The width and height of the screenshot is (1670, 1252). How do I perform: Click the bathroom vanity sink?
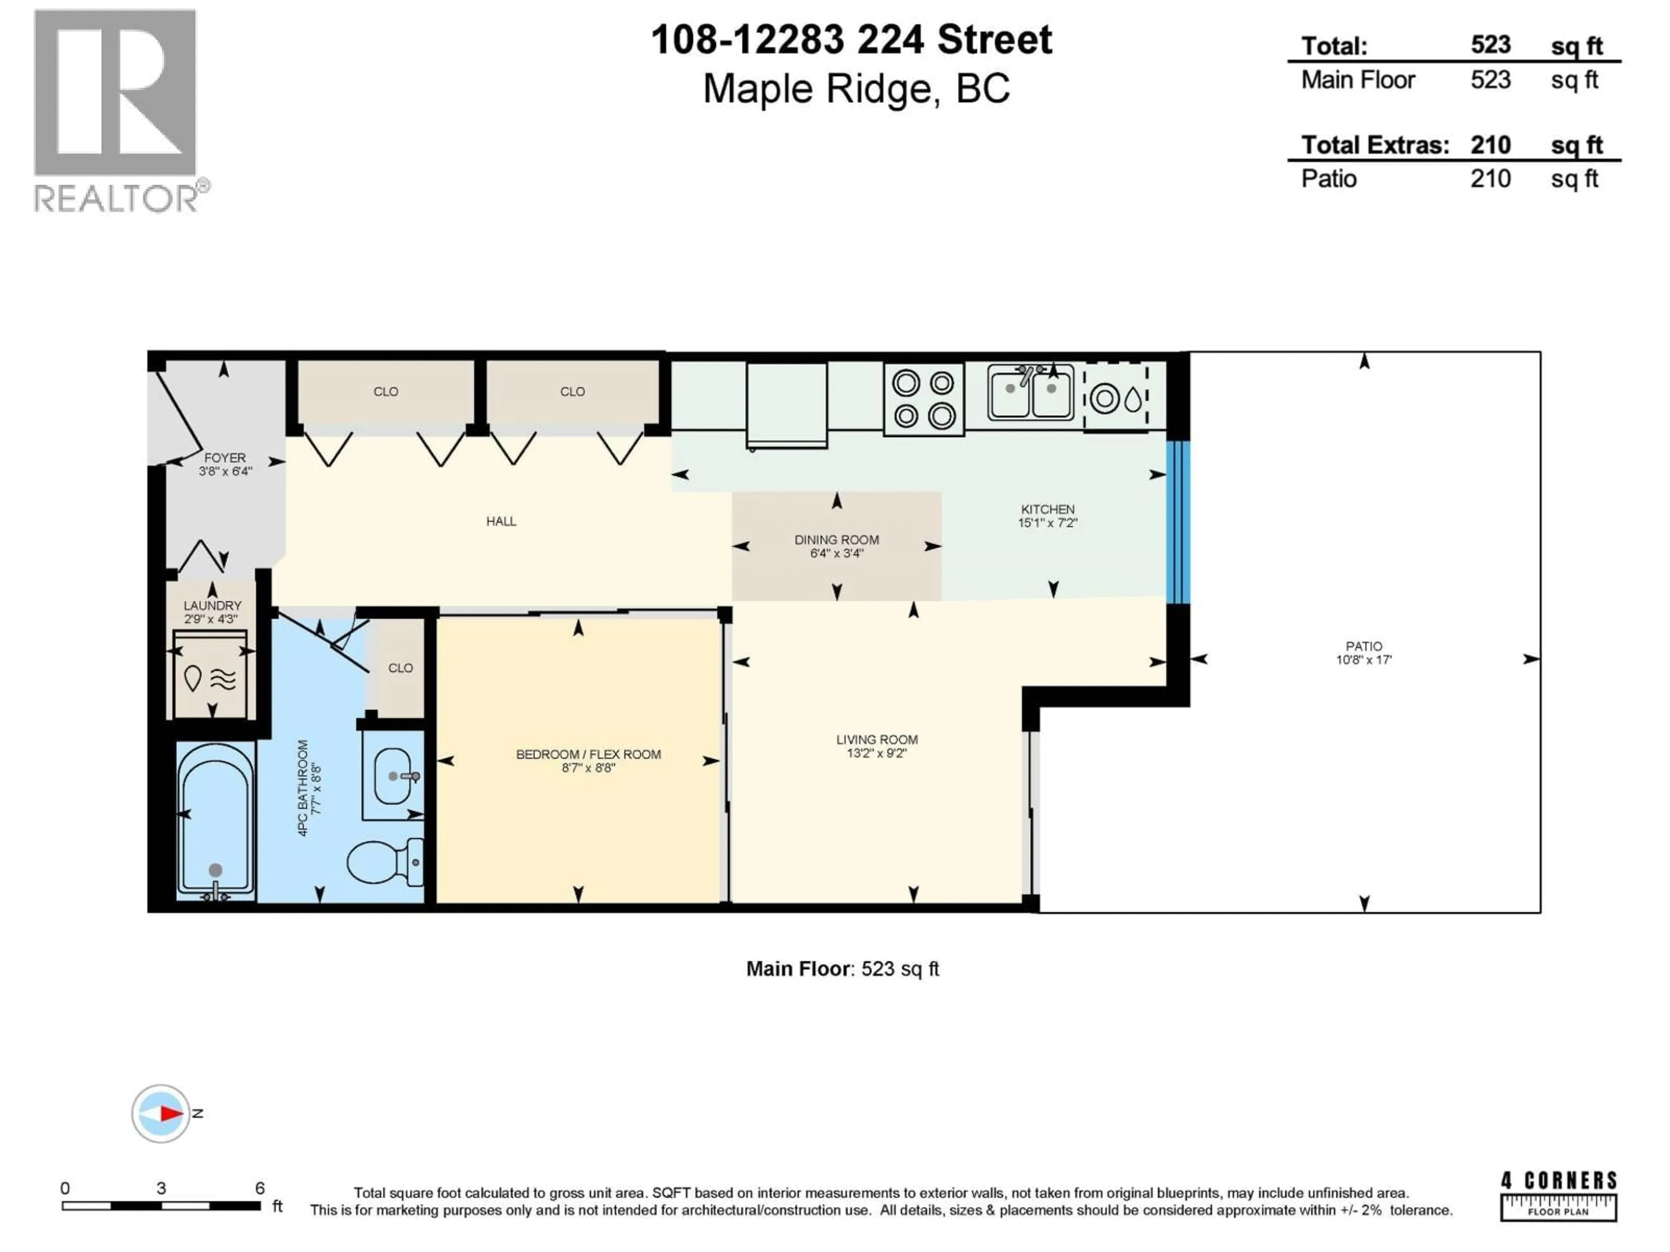(393, 776)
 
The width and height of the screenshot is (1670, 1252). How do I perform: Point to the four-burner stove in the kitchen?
(923, 399)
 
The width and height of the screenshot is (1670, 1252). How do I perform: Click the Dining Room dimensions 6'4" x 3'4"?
(836, 553)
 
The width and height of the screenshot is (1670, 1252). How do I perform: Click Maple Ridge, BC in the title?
(856, 89)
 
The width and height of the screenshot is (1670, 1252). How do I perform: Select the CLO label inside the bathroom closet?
(400, 668)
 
